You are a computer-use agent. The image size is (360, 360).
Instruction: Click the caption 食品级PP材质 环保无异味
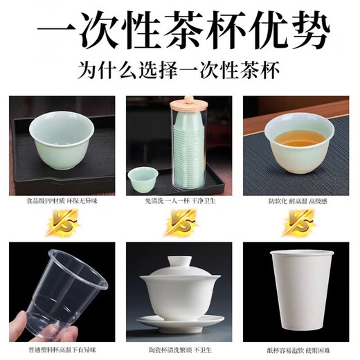pos(60,201)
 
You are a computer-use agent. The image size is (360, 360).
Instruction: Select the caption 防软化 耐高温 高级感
pos(298,201)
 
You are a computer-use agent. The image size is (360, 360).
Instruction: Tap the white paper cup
pos(298,291)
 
